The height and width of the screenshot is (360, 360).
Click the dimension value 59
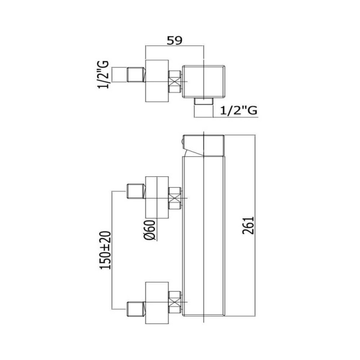pos(174,40)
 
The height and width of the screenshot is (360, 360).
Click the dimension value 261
pos(248,225)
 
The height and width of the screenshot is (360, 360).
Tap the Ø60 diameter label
pos(150,230)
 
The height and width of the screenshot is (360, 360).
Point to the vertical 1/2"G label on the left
pos(103,74)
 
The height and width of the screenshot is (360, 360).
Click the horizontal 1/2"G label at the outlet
pos(239,110)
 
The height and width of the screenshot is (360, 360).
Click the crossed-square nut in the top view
pos(175,82)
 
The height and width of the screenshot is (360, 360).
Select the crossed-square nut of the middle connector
pos(175,198)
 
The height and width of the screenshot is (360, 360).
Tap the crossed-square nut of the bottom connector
pos(175,302)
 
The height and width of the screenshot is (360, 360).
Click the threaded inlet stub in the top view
pos(136,75)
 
